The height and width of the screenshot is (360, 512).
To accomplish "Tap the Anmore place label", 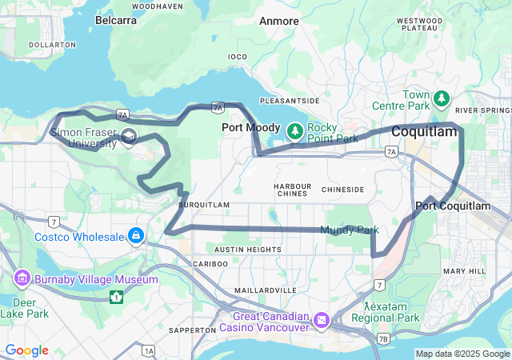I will coord(279,21).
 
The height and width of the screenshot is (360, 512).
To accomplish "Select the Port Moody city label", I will coord(251,127).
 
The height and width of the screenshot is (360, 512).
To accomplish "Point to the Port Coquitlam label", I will coord(453,206).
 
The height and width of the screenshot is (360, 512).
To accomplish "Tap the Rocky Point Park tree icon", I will coord(295,129).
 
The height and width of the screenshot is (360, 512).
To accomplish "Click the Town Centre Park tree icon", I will coord(442,98).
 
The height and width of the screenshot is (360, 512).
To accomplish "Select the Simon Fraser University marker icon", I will coord(129,140).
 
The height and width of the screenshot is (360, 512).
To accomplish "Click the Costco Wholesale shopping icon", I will coord(136,236).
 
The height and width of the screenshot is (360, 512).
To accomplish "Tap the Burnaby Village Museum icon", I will coord(22,279).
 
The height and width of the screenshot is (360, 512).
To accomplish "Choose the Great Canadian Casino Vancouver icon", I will coord(322,320).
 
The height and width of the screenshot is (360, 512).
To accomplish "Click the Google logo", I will coord(26,350).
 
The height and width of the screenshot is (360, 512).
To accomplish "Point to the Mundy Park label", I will coord(350,230).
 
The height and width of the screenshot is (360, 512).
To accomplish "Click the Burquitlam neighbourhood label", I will coord(204,205).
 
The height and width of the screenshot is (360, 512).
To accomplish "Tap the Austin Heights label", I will coord(248,250).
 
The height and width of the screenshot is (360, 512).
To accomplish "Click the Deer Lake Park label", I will coord(23,308).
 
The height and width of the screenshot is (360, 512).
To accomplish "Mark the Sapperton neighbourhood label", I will coord(193,330).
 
